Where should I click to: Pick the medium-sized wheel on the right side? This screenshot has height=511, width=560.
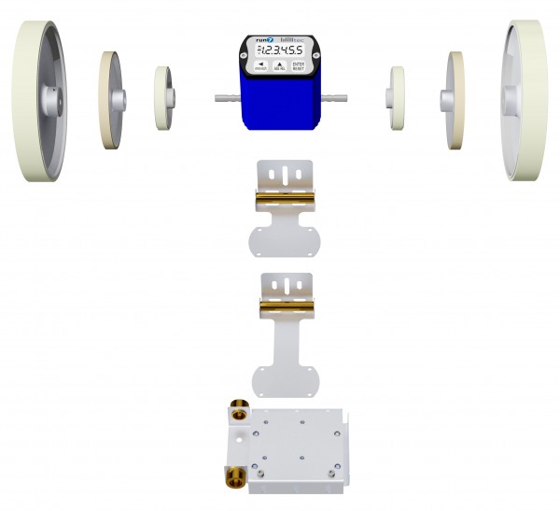454,98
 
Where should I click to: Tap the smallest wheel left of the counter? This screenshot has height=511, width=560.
163,98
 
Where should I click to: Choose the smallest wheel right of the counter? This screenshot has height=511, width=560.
397,98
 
